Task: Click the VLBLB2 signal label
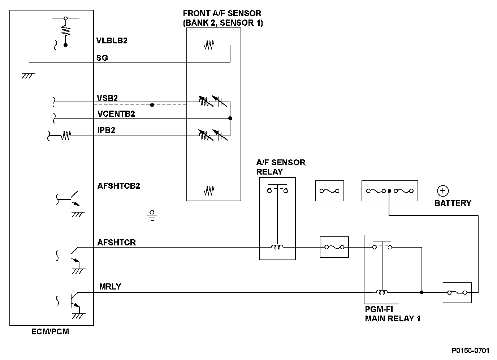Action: click(112, 40)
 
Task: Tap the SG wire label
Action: click(102, 58)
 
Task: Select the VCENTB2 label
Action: click(116, 114)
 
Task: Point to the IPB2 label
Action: click(106, 130)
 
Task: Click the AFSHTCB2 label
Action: click(118, 186)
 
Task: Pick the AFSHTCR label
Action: click(116, 242)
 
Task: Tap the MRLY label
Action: click(110, 287)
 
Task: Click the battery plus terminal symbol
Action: click(442, 191)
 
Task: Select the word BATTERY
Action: click(453, 203)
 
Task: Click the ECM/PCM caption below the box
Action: click(50, 331)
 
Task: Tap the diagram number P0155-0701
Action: click(470, 351)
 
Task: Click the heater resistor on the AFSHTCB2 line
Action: click(209, 190)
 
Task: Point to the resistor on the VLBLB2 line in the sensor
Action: click(209, 45)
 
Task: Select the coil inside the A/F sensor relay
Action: click(277, 247)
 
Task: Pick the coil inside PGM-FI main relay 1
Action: click(381, 292)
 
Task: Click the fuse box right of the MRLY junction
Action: click(457, 292)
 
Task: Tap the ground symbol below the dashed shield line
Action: click(152, 215)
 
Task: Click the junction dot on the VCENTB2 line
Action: click(230, 118)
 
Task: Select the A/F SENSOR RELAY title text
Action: click(280, 167)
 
